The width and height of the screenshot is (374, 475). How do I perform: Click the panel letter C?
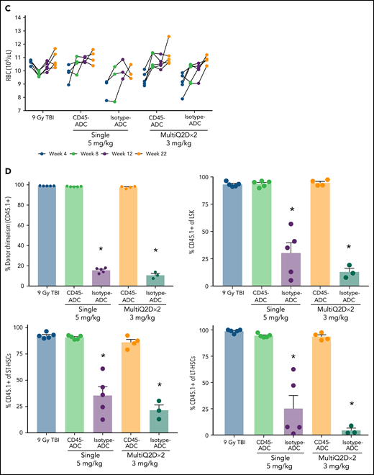pos(8,7)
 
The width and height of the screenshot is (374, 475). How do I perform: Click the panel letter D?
pos(8,170)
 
